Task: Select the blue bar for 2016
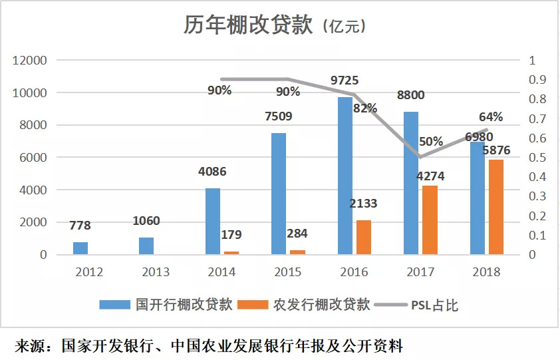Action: point(345,176)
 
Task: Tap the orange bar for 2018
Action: point(496,207)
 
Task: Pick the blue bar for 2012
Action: point(80,248)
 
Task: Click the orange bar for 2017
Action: point(430,220)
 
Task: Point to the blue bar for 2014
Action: point(212,221)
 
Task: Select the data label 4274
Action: point(430,176)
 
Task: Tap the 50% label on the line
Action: point(431,142)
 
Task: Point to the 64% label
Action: point(490,117)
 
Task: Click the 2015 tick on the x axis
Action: point(288,272)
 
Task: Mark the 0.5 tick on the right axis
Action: point(537,158)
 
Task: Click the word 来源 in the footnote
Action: point(30,346)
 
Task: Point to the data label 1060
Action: point(146,221)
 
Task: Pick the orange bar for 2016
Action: point(363,237)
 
